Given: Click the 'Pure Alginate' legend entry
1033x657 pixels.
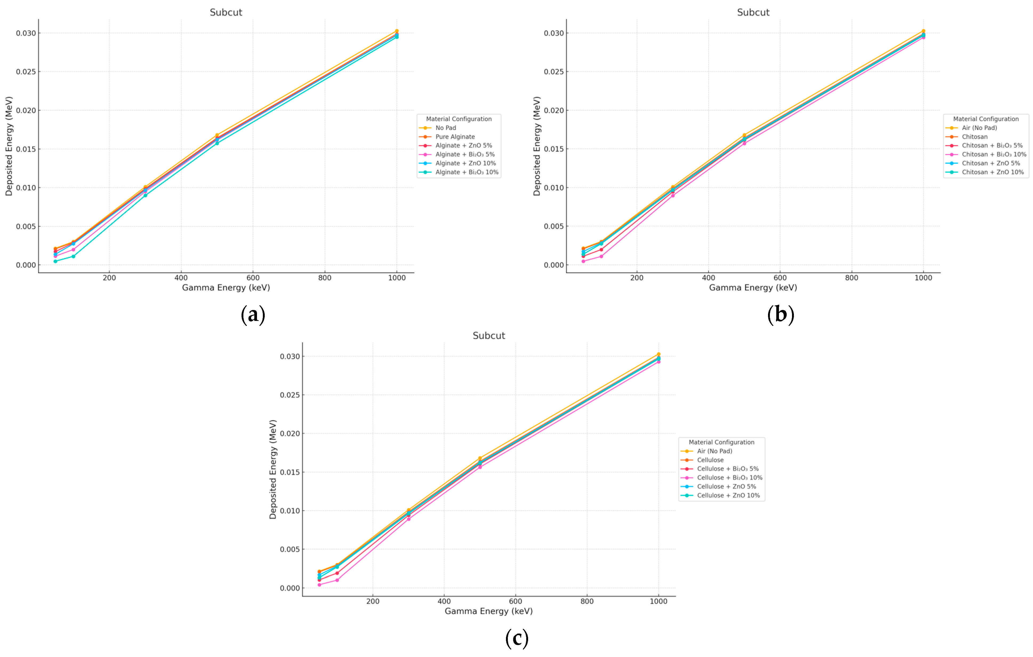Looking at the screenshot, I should [x=455, y=137].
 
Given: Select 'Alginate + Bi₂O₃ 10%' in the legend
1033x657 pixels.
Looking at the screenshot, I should [x=467, y=172].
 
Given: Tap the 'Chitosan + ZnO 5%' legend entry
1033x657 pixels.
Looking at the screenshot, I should [x=991, y=163].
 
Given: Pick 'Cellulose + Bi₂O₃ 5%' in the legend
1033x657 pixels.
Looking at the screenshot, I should [x=727, y=469].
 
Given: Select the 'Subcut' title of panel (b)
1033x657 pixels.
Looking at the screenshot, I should [x=753, y=13].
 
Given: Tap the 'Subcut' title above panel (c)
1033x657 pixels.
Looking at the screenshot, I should [x=489, y=336].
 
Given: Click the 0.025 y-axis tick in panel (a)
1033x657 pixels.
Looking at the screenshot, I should [x=26, y=72].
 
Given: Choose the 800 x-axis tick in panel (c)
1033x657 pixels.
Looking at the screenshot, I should [x=587, y=601].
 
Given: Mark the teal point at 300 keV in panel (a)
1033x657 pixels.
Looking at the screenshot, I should [x=145, y=195].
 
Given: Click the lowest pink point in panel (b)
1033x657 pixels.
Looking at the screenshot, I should [x=583, y=261].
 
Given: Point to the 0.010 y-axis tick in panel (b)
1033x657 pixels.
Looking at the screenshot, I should [x=554, y=188].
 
